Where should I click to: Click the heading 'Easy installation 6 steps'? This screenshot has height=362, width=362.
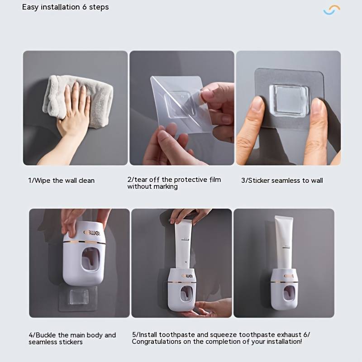coord(66,7)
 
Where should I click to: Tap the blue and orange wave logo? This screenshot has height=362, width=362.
coord(332,10)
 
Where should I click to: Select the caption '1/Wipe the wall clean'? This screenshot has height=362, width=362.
coord(62,181)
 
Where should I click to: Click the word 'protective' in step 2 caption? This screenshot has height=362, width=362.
coord(190,180)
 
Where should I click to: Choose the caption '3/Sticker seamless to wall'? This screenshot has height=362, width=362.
coord(282,181)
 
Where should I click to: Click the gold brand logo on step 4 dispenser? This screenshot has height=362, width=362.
coord(93,233)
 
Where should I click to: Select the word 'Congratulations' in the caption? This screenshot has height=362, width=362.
coord(159,342)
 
